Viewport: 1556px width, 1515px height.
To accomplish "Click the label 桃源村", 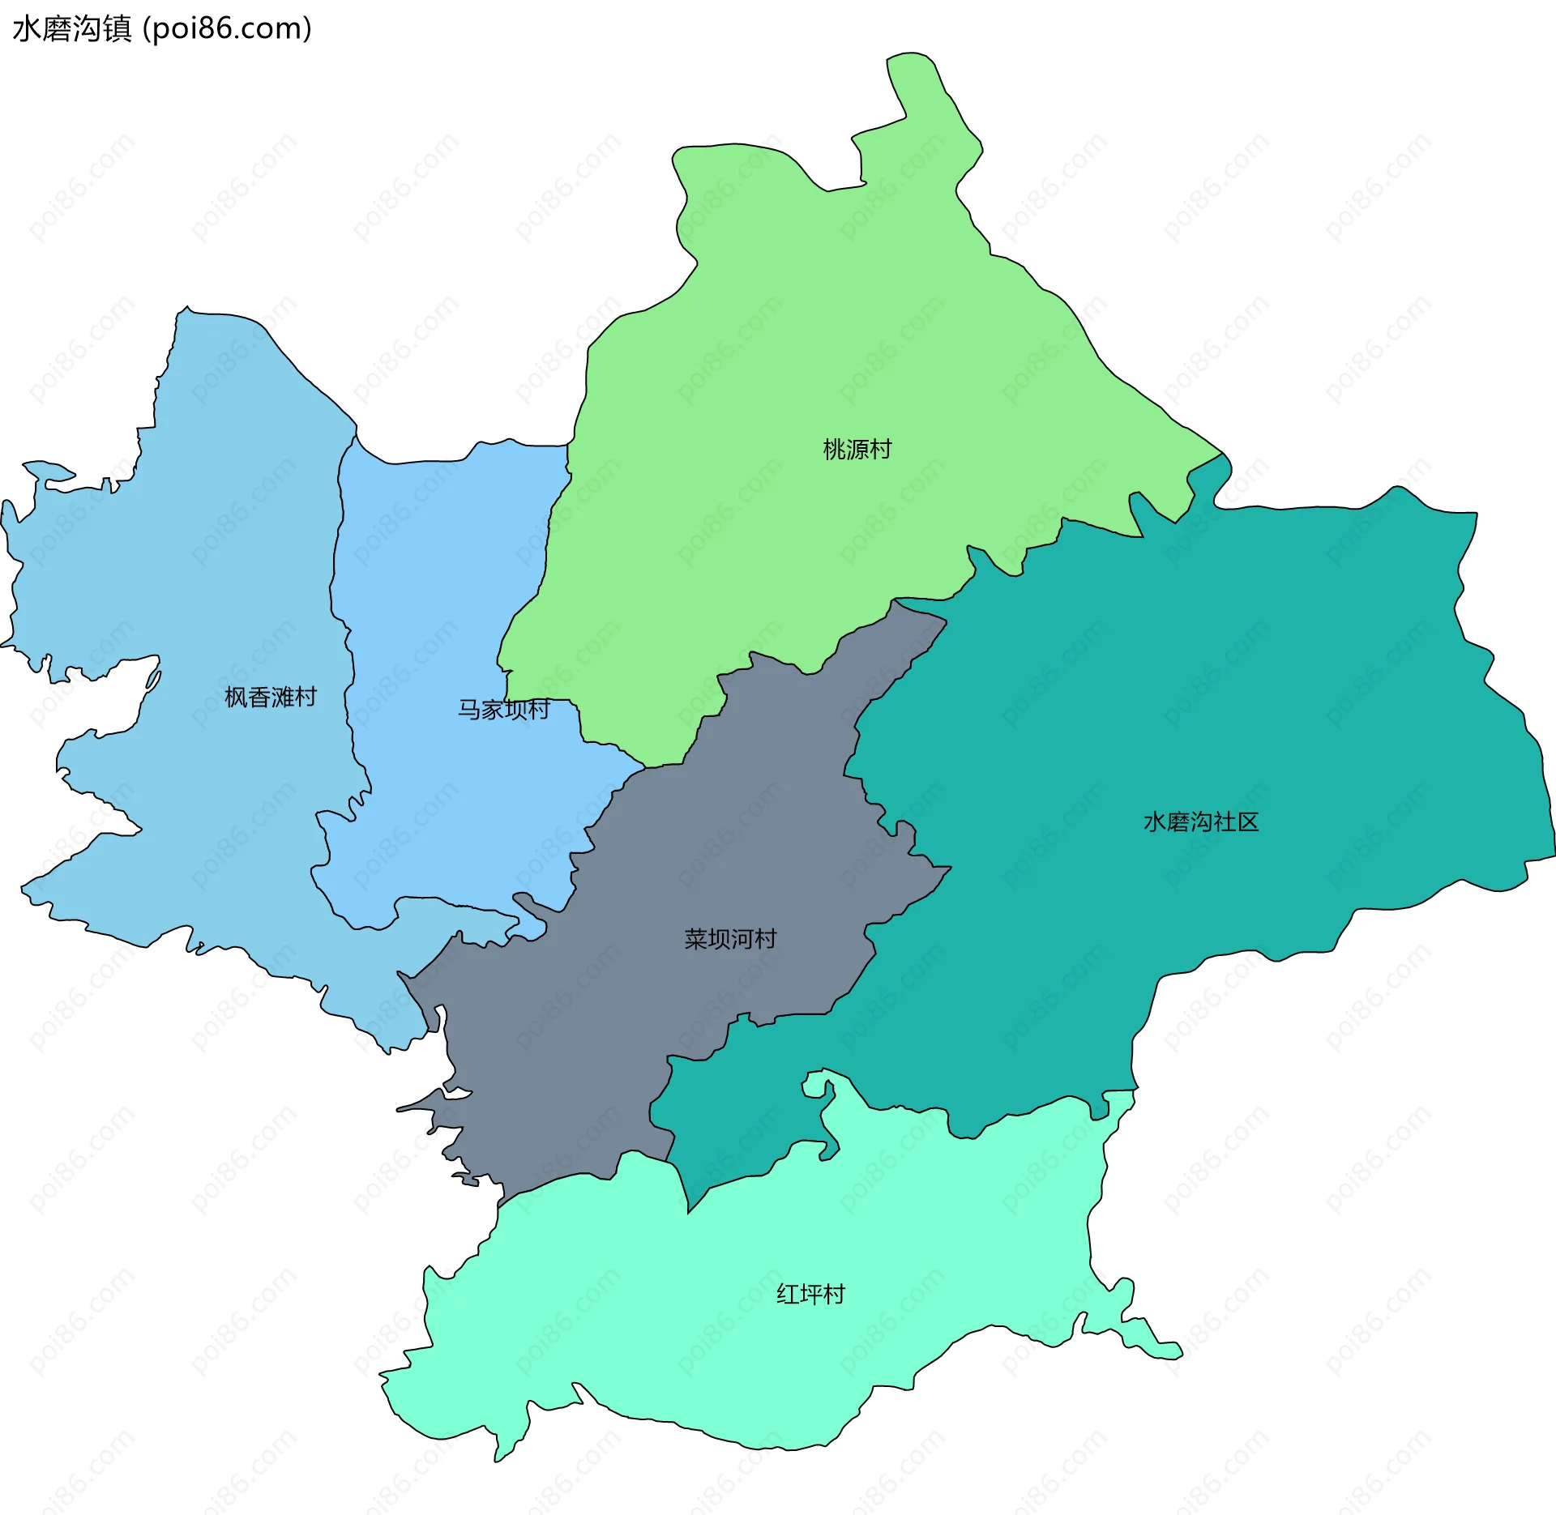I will click(x=857, y=449).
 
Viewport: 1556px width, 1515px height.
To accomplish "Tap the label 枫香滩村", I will click(x=270, y=697).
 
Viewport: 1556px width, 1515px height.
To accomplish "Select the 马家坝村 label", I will click(x=504, y=710).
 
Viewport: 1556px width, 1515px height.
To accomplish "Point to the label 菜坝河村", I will click(x=730, y=939).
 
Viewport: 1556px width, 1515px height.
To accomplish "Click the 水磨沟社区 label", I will click(x=1201, y=822).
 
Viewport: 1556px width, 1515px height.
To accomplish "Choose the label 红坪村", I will click(x=810, y=1294).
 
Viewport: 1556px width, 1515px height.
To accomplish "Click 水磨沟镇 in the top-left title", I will click(x=71, y=28).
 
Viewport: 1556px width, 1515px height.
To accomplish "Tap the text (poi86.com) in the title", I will click(x=227, y=28).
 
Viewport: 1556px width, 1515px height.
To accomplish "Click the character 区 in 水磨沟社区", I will click(x=1249, y=822).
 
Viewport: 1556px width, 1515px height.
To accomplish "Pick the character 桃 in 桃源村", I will click(x=835, y=449).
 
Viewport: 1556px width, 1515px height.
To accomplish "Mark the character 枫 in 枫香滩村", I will click(x=236, y=697).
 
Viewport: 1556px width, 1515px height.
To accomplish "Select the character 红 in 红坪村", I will click(x=788, y=1294).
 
